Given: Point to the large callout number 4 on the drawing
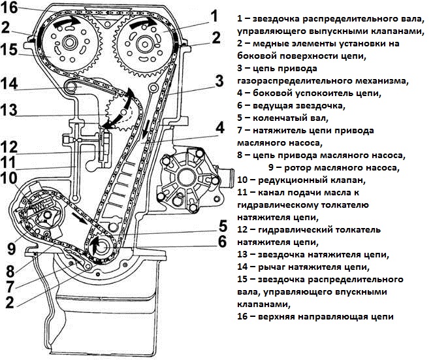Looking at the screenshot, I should click(219, 127).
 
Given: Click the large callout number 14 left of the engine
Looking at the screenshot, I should click(11, 84).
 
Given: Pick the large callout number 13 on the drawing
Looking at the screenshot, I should click(11, 111).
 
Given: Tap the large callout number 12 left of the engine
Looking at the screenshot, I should click(11, 146).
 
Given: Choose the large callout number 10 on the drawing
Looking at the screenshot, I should click(10, 177).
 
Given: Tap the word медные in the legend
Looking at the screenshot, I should click(273, 43).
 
